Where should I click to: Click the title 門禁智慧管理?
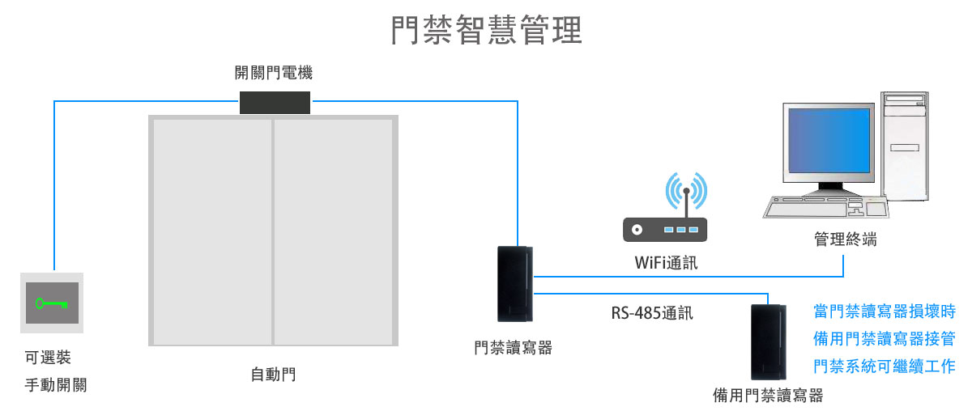486,31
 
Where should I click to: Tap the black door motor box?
275,103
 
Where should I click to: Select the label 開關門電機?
274,74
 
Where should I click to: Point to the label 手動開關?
55,385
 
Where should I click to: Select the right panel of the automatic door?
333,231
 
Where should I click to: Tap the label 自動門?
273,375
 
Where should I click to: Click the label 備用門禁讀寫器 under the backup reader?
767,396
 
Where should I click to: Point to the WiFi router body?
665,230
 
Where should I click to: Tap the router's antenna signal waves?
686,191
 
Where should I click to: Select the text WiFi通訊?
665,263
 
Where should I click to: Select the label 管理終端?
845,240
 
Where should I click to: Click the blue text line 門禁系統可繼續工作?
885,366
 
